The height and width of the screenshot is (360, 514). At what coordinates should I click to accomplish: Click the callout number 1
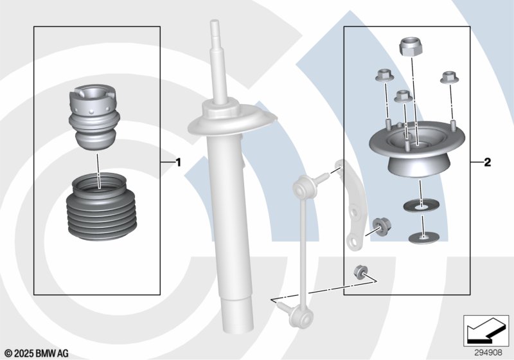179,162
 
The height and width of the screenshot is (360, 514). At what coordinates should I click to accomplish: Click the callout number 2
488,162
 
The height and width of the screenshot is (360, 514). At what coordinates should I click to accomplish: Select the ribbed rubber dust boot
98,206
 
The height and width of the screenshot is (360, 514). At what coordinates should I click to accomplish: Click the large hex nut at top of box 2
411,46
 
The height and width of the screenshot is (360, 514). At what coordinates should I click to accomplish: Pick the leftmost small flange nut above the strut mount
384,76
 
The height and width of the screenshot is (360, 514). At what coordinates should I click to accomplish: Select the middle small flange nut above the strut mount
403,96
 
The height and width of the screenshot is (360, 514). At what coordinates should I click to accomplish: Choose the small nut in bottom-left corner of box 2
360,273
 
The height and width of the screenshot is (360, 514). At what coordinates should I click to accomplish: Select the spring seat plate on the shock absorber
232,120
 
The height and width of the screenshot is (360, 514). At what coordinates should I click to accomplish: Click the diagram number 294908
488,352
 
